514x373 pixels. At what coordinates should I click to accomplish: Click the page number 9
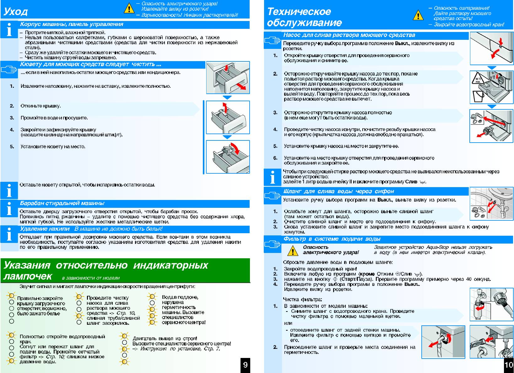click(x=245, y=365)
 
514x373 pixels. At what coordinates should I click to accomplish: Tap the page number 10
click(x=508, y=365)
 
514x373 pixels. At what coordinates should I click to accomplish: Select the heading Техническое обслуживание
click(x=304, y=17)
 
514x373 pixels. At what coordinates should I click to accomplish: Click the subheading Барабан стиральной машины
click(x=62, y=203)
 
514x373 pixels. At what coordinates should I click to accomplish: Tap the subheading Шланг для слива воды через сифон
click(x=338, y=191)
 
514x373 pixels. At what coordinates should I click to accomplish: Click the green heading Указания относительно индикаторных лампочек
click(x=106, y=270)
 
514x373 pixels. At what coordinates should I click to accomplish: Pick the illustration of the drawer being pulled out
click(x=228, y=77)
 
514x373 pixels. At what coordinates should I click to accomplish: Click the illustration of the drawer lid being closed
click(x=228, y=156)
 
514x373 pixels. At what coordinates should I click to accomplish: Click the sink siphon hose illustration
click(x=491, y=203)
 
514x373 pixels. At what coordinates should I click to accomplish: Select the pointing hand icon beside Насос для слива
click(x=272, y=40)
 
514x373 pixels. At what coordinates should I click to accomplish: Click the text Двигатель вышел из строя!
click(x=165, y=339)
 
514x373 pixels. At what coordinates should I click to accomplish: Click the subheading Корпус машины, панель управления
click(x=72, y=24)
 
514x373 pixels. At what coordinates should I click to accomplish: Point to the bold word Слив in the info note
click(x=411, y=182)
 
